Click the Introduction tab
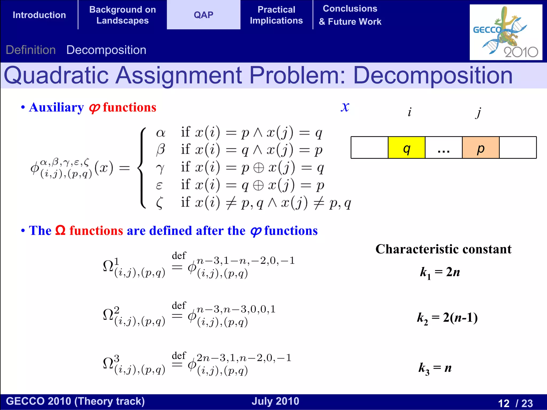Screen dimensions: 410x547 click(x=39, y=15)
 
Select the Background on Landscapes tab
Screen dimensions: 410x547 click(x=122, y=15)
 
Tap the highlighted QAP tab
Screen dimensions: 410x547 click(x=204, y=15)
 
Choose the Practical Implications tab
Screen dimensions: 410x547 click(x=276, y=15)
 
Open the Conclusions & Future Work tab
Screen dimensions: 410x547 click(x=350, y=15)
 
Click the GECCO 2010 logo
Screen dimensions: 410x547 click(x=506, y=32)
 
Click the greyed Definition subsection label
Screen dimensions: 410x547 click(x=31, y=50)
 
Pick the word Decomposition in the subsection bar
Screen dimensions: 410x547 click(x=106, y=50)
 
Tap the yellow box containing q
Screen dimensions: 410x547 click(x=406, y=148)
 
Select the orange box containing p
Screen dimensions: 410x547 click(x=480, y=148)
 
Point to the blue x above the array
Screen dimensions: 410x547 click(x=345, y=107)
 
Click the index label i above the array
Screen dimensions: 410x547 click(x=409, y=112)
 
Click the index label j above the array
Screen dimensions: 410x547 click(x=479, y=112)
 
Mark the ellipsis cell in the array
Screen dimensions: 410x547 click(x=443, y=148)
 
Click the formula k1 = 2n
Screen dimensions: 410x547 click(x=440, y=272)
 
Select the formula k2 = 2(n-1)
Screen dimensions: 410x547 click(x=447, y=318)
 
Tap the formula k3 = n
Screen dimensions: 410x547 click(x=435, y=368)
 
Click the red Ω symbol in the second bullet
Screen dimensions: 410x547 click(x=60, y=230)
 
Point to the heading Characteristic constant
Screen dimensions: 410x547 click(x=443, y=249)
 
